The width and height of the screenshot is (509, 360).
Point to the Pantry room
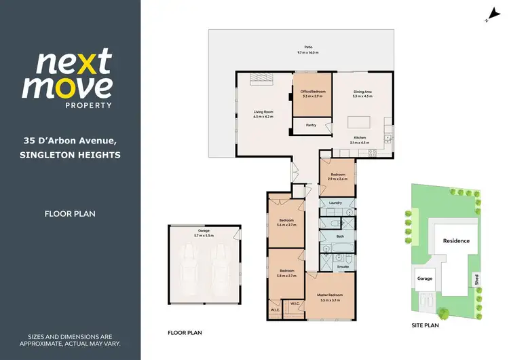tap(312, 126)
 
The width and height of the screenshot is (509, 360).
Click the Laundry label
tap(335, 202)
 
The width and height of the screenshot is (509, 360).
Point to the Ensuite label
tap(343, 267)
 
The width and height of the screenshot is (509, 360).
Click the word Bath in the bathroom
tap(340, 236)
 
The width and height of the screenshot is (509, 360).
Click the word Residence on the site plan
tap(456, 241)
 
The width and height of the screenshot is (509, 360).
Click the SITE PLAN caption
tap(425, 326)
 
